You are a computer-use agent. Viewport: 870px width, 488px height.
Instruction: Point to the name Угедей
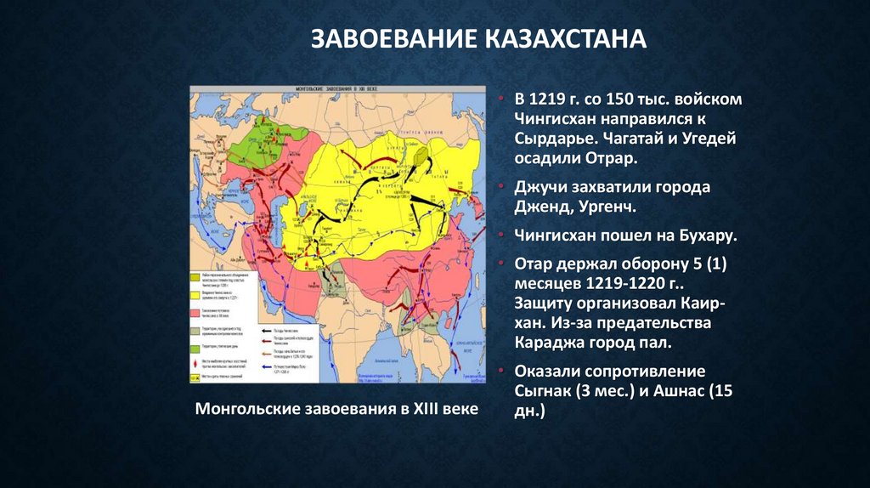point(708,139)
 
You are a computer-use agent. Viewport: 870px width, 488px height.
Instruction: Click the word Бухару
point(693,234)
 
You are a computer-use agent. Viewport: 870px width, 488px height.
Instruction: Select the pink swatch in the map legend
point(195,313)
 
